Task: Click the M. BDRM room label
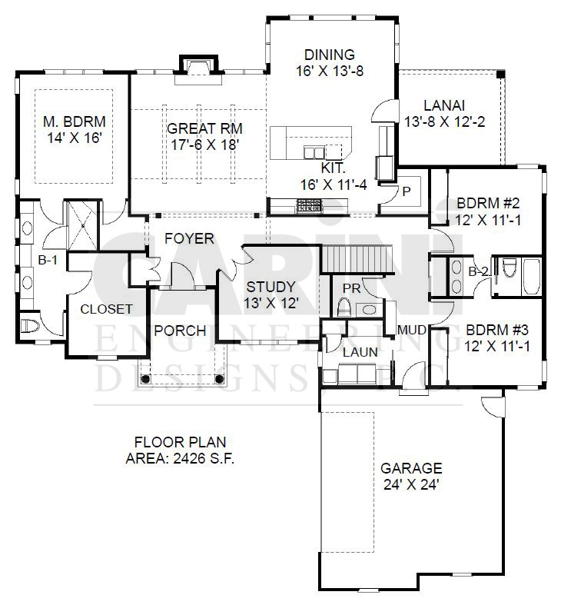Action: pos(74,121)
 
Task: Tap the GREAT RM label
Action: pos(204,128)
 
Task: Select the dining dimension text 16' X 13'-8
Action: pos(330,71)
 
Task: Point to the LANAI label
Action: pos(444,105)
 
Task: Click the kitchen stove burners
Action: pos(309,206)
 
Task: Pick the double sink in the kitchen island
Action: pos(314,152)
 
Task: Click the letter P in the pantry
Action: pos(407,191)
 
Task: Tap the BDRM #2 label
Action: pos(488,203)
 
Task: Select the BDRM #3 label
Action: pos(497,330)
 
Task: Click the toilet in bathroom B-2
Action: pos(510,268)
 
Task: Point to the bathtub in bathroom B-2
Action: pos(531,277)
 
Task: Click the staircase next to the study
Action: pos(357,259)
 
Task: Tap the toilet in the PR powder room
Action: pos(344,307)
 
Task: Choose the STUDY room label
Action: pos(271,287)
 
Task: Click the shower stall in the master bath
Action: pos(82,225)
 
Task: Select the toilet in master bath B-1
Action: pos(30,326)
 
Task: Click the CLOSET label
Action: pos(106,309)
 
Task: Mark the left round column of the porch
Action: pos(145,379)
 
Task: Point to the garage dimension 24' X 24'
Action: pos(411,484)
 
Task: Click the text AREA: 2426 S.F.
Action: pos(180,458)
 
